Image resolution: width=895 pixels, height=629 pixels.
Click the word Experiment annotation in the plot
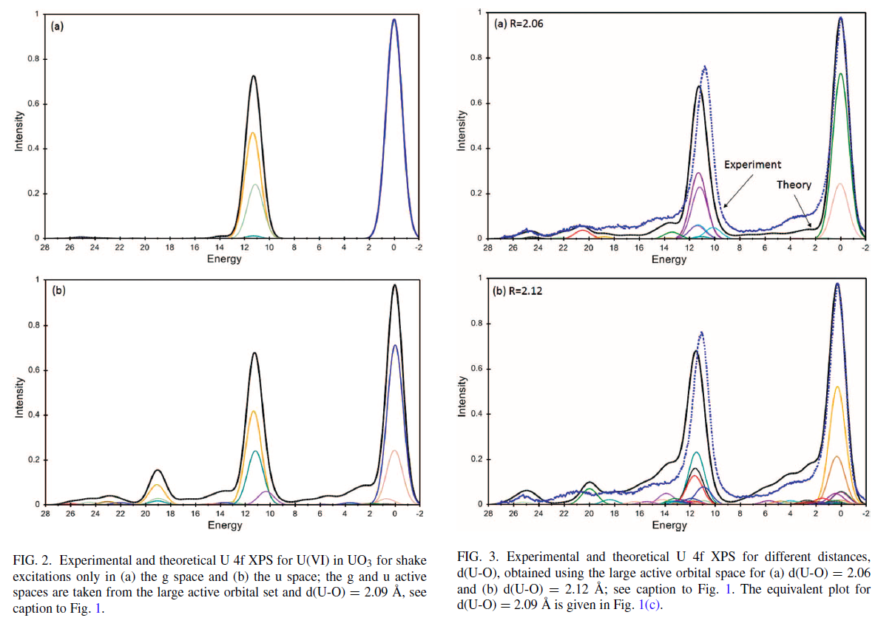(x=752, y=165)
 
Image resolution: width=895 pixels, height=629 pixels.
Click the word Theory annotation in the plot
(x=794, y=185)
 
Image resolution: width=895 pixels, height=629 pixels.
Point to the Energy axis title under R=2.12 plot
(x=669, y=525)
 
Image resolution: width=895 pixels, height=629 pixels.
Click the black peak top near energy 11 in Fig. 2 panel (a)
(x=254, y=76)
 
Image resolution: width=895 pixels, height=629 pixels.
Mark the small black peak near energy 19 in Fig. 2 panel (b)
(x=158, y=470)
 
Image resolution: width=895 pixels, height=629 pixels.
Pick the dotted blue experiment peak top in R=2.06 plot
(x=705, y=67)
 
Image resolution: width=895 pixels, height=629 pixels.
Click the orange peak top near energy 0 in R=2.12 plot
(x=837, y=387)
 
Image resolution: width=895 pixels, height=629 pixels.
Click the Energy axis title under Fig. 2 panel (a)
(x=225, y=259)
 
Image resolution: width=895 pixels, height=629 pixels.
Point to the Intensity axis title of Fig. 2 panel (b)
(x=18, y=399)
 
